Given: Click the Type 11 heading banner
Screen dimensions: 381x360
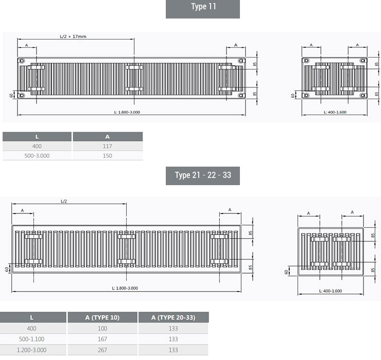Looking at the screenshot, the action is coord(203,9).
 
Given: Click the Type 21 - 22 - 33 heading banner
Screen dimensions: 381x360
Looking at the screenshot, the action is coord(203,175).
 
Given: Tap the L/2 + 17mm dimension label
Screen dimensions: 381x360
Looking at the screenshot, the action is coord(73,37).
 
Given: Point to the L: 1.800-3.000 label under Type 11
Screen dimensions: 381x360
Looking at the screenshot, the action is coord(127,112).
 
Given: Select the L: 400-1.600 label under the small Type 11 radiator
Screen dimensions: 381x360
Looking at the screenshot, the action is coord(335,112).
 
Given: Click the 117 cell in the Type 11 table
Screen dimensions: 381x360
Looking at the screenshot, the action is coord(108,146).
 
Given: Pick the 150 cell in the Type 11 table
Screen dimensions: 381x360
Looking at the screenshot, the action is coord(108,156).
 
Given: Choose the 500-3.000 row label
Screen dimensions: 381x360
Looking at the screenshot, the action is coord(37,156).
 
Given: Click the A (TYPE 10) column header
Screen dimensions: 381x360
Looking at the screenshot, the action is coord(102,317).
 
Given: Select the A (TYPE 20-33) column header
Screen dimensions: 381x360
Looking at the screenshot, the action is coord(173,317).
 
